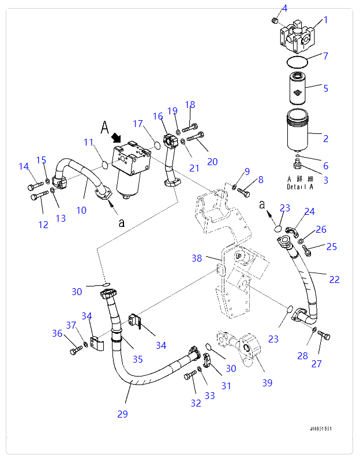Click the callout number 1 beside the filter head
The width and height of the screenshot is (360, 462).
(325, 20)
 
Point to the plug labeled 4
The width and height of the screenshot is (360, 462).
(275, 21)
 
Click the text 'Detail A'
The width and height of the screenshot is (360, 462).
(299, 187)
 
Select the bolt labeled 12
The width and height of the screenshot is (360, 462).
(39, 197)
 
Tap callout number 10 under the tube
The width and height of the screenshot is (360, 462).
(81, 210)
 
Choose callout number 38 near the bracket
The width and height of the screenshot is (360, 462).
(197, 258)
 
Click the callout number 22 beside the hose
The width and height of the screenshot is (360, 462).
(334, 280)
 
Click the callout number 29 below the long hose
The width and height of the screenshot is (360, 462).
(122, 413)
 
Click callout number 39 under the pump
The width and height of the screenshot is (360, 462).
(267, 382)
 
